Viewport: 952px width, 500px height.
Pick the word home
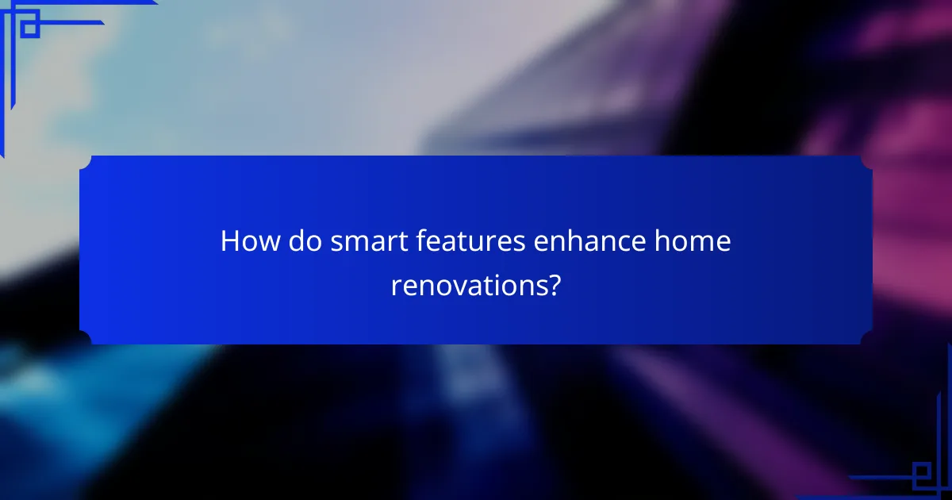tap(692, 241)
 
